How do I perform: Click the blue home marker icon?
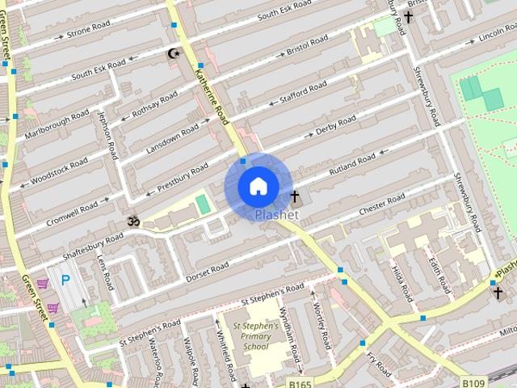coord(258,187)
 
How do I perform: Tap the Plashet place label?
coord(276,215)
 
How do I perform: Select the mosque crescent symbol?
coord(172,53)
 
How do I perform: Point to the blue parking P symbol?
coord(66,280)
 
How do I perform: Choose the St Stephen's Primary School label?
coord(256,335)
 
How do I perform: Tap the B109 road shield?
coord(474,382)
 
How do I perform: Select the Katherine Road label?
coord(212,93)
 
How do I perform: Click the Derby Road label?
coord(335,126)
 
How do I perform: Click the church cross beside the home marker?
coord(294,196)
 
